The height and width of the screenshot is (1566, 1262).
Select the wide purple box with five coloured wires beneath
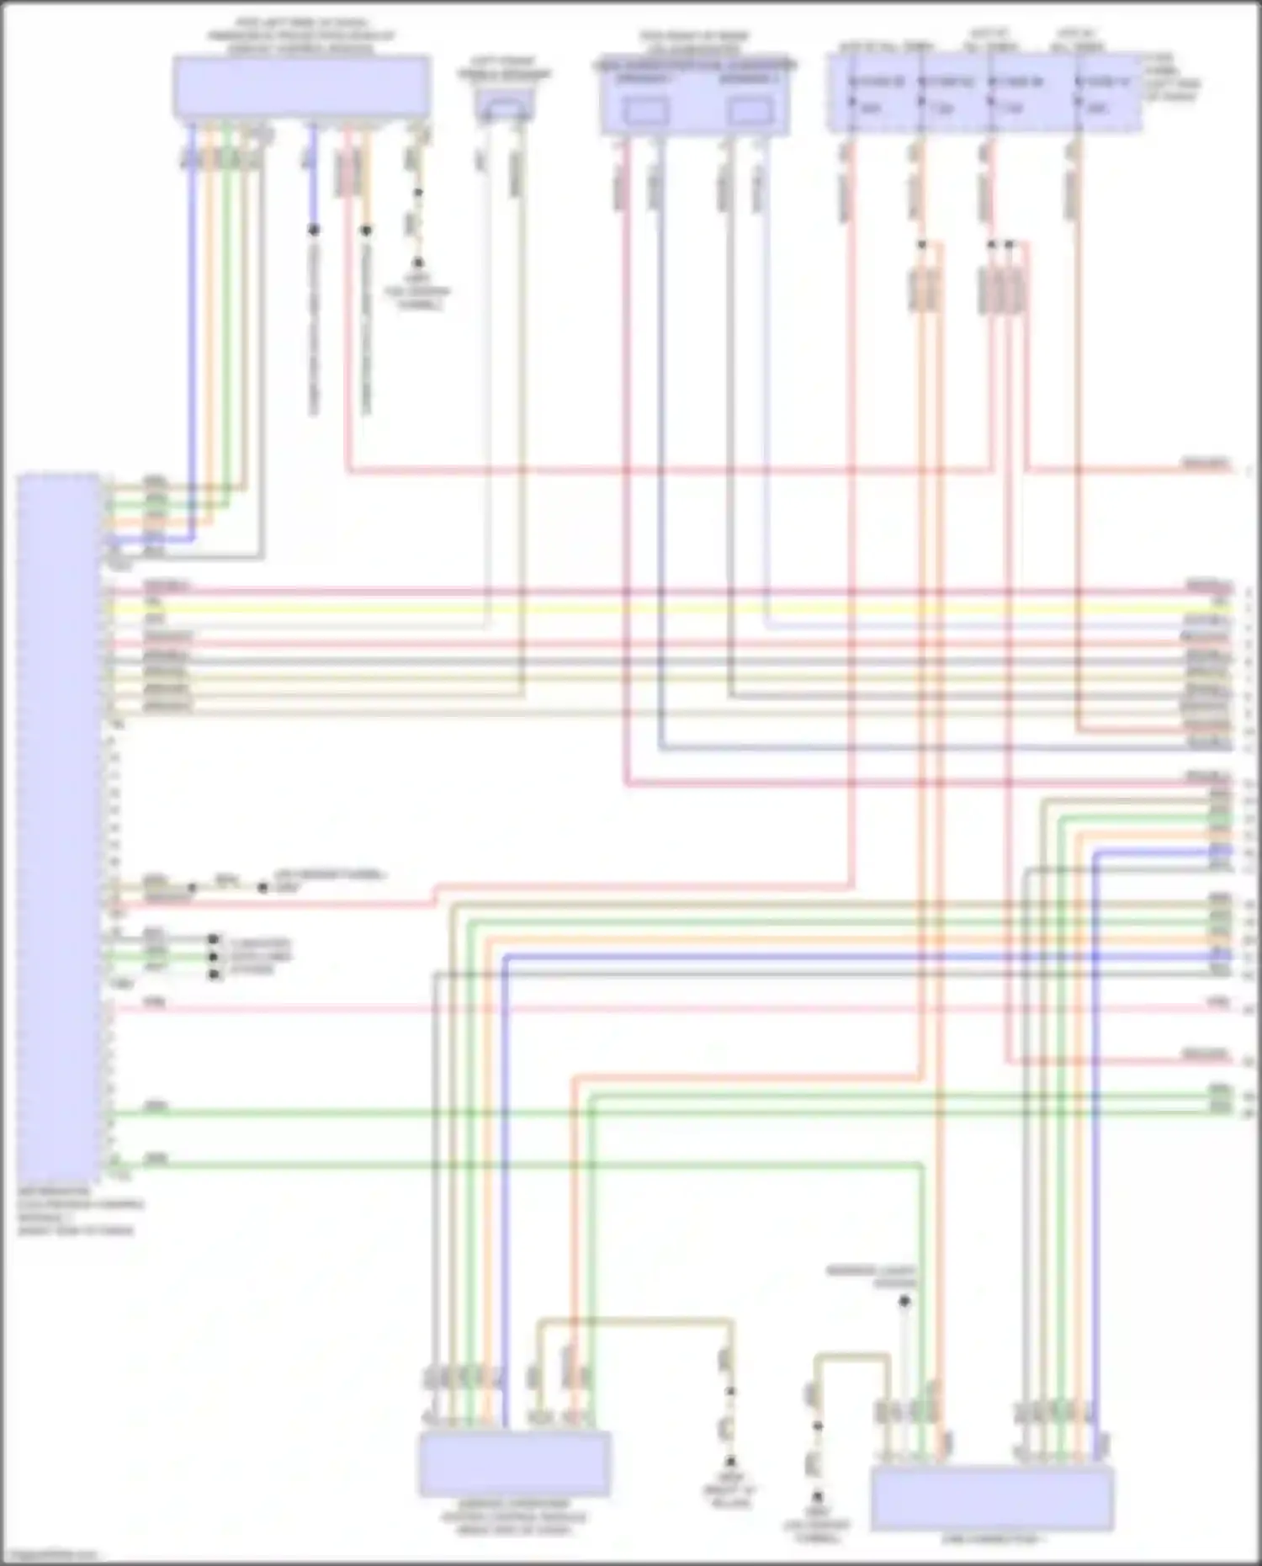point(302,86)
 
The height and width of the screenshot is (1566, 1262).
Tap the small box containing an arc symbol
point(504,105)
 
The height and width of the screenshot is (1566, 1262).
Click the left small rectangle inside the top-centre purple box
point(645,111)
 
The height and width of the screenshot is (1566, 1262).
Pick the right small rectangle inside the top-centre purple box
point(750,111)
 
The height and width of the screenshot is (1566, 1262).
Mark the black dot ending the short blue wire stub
point(313,230)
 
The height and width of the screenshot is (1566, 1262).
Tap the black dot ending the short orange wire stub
point(366,230)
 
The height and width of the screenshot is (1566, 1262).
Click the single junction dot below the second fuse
point(922,245)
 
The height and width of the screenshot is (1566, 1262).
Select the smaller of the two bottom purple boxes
point(515,1463)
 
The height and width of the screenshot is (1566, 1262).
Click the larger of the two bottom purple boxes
point(993,1499)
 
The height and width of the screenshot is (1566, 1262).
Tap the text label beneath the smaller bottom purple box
point(513,1516)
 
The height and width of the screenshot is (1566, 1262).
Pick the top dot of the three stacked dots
point(214,939)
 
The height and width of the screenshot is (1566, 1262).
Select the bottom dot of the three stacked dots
point(214,974)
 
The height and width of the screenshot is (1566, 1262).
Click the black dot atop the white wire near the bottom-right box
point(904,1301)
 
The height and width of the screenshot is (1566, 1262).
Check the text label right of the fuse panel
point(1172,78)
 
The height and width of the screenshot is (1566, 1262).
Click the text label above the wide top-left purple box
point(300,36)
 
